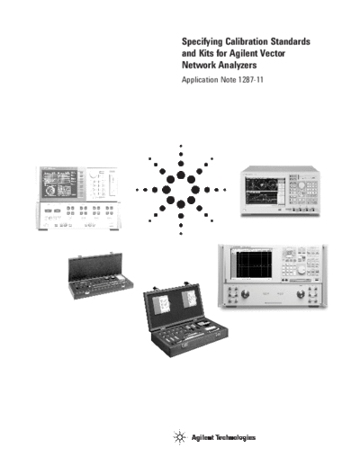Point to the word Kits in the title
click(x=205, y=53)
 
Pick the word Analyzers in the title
click(x=238, y=65)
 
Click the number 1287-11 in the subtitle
click(x=251, y=80)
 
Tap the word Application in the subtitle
click(x=200, y=80)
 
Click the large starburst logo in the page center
click(x=181, y=190)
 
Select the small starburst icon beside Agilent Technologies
click(x=180, y=437)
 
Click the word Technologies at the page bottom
click(x=236, y=437)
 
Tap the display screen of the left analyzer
click(x=59, y=184)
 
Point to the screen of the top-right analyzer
click(x=265, y=193)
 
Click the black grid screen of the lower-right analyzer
click(x=254, y=264)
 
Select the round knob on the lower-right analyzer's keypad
click(x=301, y=270)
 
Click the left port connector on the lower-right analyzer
click(x=246, y=294)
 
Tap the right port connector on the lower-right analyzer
click(x=301, y=294)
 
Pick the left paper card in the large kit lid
click(x=162, y=304)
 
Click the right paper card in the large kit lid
click(x=190, y=300)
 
